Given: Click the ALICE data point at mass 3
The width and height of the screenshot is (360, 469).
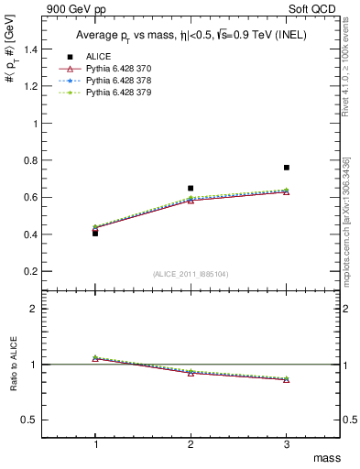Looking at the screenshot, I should click(x=286, y=168).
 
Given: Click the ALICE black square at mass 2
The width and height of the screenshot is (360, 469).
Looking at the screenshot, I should click(x=191, y=188).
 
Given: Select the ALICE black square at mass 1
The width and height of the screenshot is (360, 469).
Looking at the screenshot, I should click(x=95, y=233).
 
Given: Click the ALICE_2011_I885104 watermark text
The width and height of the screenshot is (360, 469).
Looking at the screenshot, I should click(x=191, y=274).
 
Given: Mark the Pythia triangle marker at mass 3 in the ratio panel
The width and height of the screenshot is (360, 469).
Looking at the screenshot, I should click(x=286, y=379).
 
